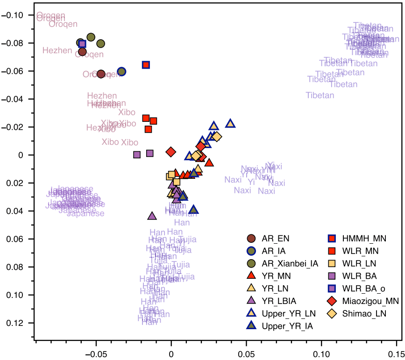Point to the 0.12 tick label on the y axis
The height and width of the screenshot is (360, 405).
click(x=16, y=323)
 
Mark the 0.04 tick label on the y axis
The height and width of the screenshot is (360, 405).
click(x=16, y=211)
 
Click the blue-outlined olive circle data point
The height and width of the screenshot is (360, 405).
click(x=121, y=71)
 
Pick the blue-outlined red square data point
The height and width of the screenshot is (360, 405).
click(x=146, y=65)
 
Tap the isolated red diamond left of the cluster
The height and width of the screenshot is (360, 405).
click(x=171, y=152)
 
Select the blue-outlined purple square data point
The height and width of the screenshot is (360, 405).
click(x=82, y=44)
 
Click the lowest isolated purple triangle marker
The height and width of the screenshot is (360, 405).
click(x=152, y=216)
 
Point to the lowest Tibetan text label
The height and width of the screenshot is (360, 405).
click(x=320, y=95)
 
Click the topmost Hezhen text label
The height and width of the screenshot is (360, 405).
click(x=57, y=50)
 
